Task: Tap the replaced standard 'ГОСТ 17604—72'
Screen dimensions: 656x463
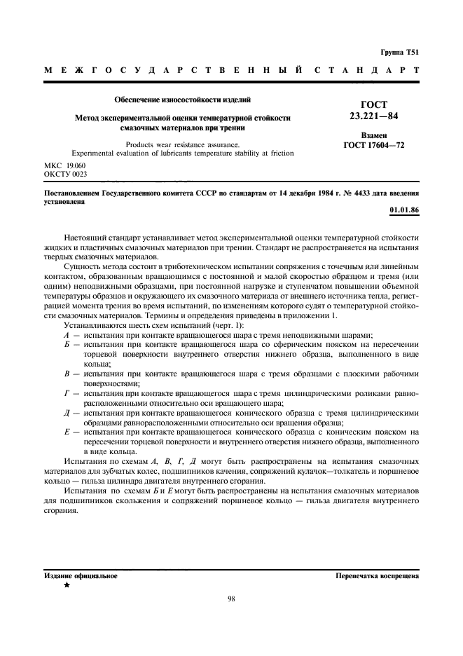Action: click(374, 146)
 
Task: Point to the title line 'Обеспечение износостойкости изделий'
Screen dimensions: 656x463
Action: click(182, 100)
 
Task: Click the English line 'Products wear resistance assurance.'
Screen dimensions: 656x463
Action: click(183, 144)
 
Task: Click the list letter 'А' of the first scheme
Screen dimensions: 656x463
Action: click(66, 335)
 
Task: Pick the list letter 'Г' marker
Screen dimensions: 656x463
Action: click(66, 394)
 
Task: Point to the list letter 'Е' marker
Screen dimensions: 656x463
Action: click(66, 432)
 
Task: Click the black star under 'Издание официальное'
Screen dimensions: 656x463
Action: click(67, 585)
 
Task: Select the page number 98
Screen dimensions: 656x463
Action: click(231, 599)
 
